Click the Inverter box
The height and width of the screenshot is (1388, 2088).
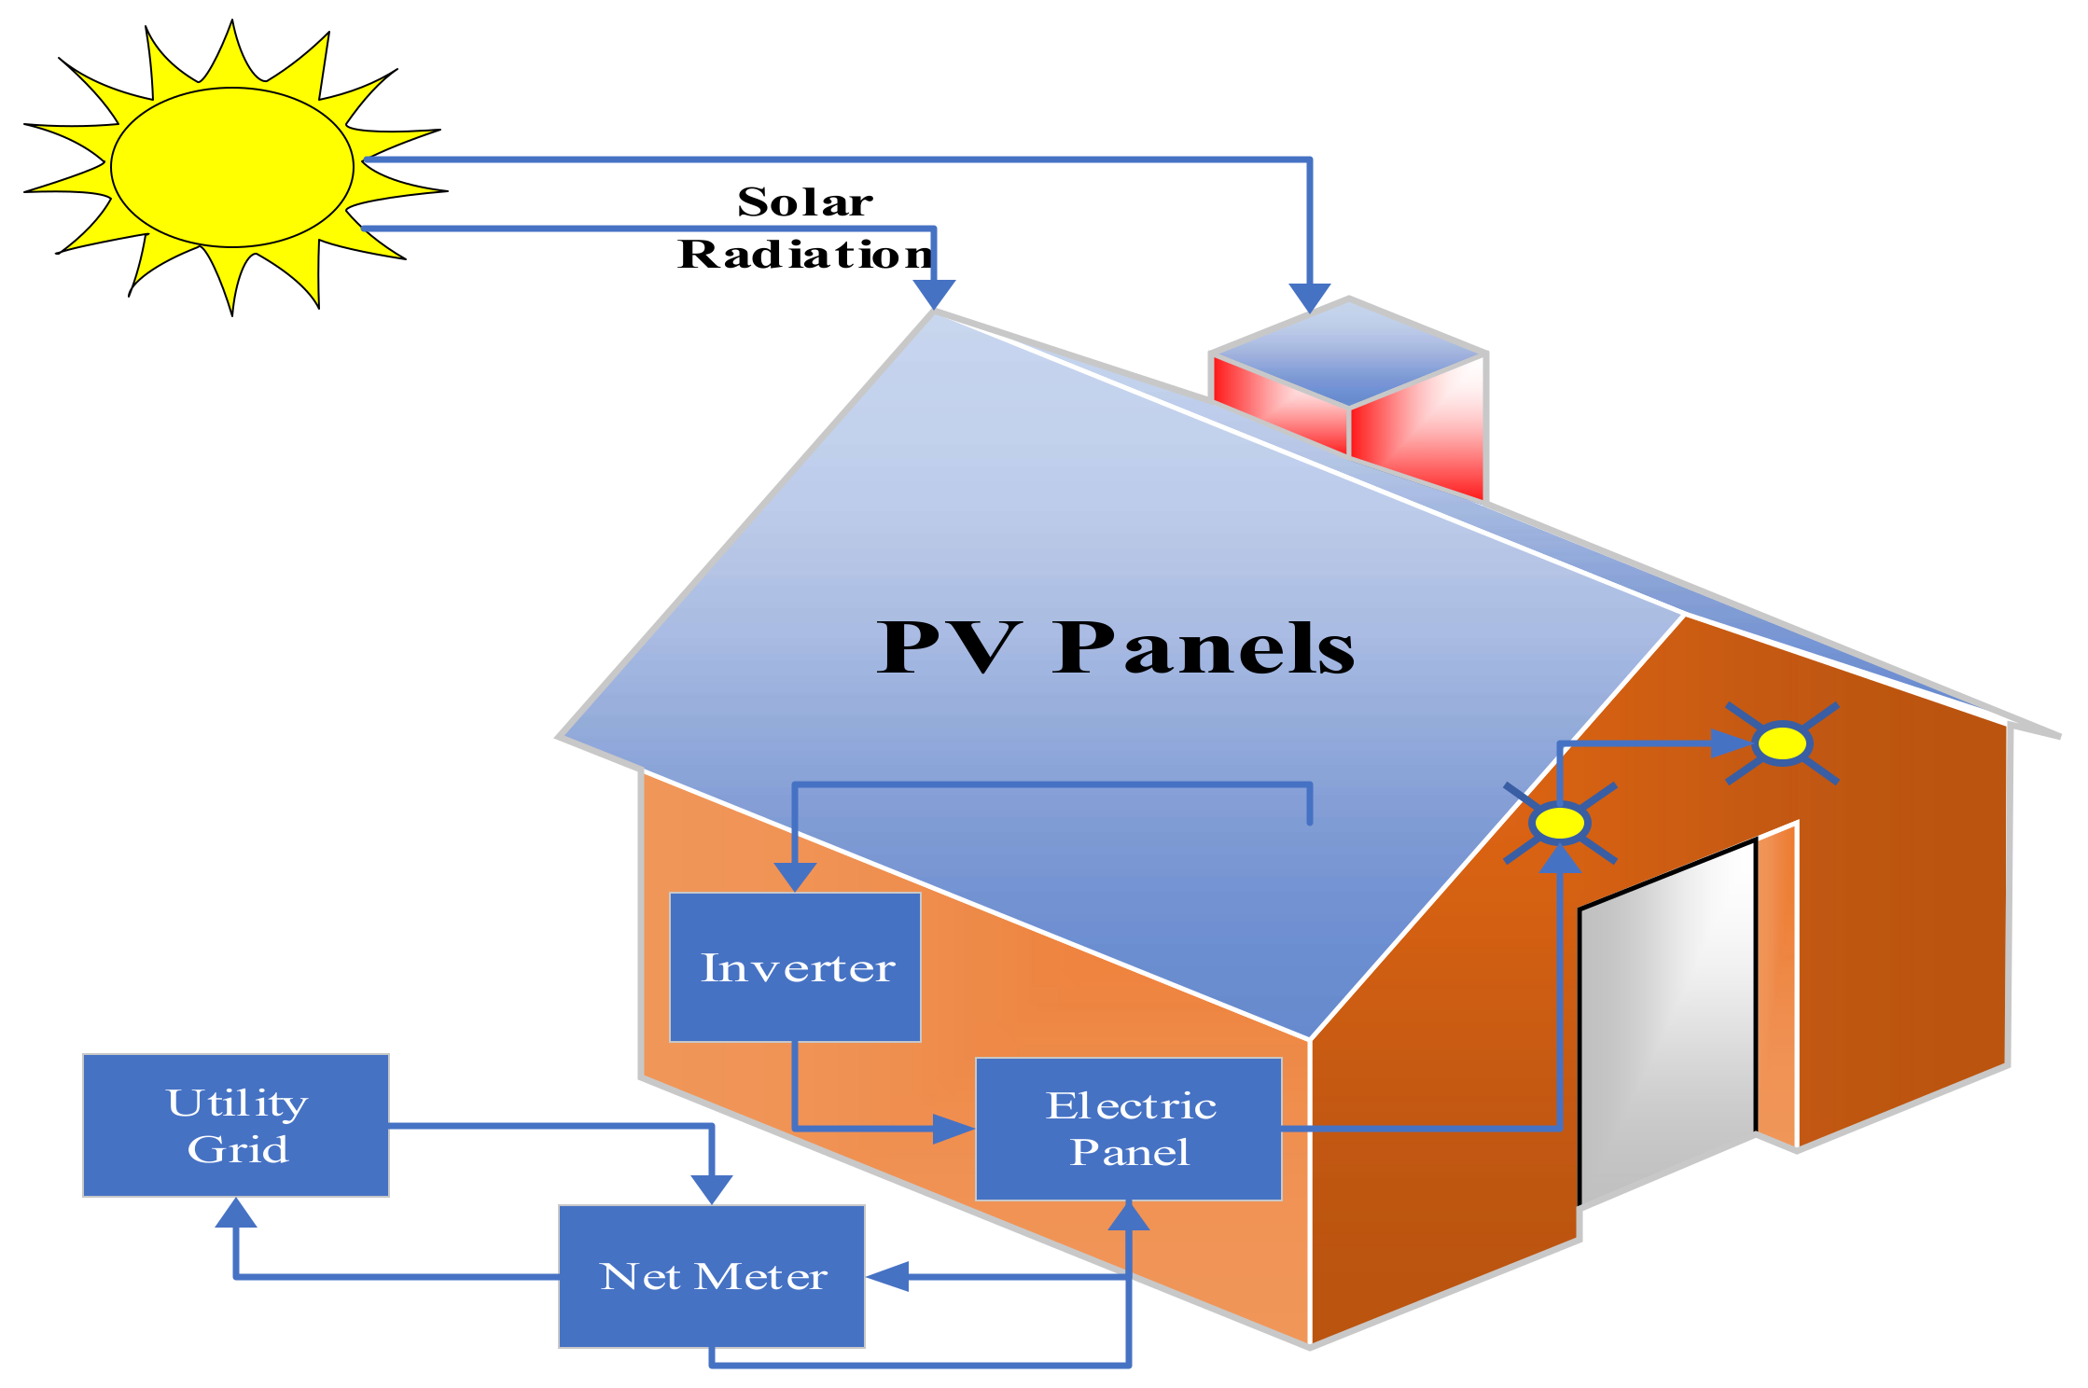[x=795, y=966]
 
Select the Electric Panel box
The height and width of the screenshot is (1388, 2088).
[x=1128, y=1129]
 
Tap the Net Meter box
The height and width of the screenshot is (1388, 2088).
[x=712, y=1276]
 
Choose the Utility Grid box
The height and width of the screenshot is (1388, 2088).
[x=236, y=1125]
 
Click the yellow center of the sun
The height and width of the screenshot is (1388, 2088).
[x=232, y=168]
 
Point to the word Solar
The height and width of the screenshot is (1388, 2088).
[x=805, y=202]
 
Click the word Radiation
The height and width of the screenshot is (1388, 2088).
[x=804, y=255]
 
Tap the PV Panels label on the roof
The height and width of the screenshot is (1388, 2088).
[x=1115, y=647]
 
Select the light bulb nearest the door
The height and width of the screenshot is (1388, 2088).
[x=1559, y=824]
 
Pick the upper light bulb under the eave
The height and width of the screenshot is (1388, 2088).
[x=1781, y=743]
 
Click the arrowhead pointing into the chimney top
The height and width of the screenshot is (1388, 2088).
[x=1310, y=298]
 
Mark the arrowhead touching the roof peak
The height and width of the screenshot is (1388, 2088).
[x=934, y=295]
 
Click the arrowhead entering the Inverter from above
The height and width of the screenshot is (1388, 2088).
[x=795, y=877]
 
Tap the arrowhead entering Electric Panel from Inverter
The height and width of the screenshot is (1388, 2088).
[x=954, y=1129]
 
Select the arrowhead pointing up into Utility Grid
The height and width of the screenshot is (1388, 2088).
[x=236, y=1213]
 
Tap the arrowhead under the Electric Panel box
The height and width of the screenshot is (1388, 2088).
[x=1128, y=1215]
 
